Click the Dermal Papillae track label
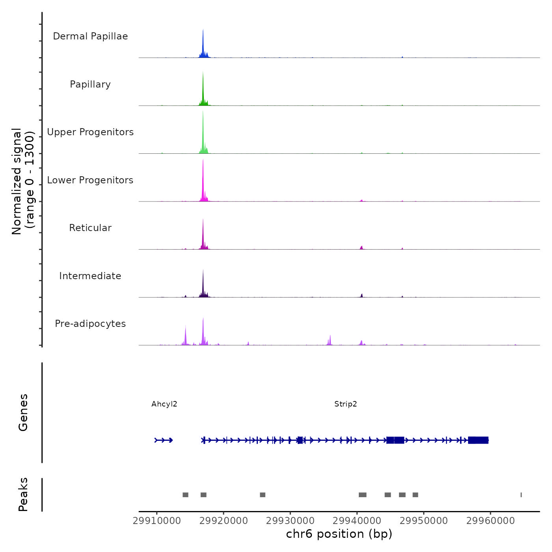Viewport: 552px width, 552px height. (90, 36)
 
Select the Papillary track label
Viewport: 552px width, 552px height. (90, 84)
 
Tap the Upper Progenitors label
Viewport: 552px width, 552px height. (90, 132)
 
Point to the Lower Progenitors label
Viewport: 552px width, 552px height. (90, 180)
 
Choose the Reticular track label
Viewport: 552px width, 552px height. (90, 228)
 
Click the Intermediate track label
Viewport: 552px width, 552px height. (90, 276)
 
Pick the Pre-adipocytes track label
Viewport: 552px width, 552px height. (90, 324)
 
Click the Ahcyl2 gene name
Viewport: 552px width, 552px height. (164, 404)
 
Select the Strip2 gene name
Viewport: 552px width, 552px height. (345, 404)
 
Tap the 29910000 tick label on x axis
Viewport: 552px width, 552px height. (157, 520)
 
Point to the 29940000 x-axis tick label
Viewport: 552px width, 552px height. (357, 520)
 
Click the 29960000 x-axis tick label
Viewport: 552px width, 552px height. (490, 520)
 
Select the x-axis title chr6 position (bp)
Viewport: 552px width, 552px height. (339, 534)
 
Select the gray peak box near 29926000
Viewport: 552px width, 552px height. (263, 495)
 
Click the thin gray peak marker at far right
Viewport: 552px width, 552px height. (521, 495)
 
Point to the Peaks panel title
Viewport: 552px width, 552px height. (23, 494)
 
